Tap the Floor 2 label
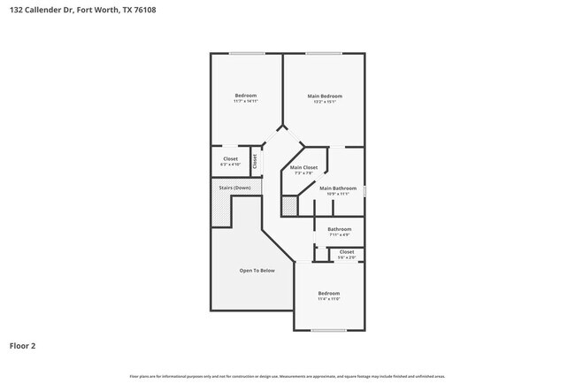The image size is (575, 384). point(23,345)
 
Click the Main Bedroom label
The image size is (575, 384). point(324,96)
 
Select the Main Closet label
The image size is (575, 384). point(303,167)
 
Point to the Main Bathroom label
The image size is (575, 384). point(338,188)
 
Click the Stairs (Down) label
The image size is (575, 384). point(235,188)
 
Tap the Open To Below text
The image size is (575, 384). point(257,270)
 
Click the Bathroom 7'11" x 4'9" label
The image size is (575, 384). point(340,229)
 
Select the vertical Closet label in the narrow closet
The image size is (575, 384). point(255,161)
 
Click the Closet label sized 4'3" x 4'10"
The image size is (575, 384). point(230,158)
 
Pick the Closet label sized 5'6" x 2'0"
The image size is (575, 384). point(347,251)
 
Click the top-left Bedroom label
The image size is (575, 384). point(245,96)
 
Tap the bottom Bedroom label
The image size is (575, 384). point(328,293)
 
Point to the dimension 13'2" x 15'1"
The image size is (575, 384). point(324,102)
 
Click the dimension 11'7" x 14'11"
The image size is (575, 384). point(245,102)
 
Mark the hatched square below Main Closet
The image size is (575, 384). point(289,205)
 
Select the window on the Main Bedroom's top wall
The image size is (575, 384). point(324,54)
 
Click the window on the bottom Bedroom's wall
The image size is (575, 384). point(328,331)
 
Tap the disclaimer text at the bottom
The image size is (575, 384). point(287,376)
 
